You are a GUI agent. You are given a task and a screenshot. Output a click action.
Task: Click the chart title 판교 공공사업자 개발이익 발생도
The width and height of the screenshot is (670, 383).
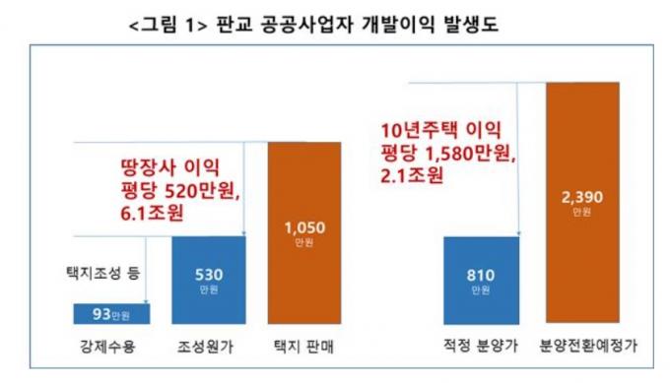[x=358, y=25]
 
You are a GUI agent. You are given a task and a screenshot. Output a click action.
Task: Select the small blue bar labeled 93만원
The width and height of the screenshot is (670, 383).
[x=111, y=314]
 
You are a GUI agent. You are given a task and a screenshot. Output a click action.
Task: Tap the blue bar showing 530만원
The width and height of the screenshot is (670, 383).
[x=209, y=280]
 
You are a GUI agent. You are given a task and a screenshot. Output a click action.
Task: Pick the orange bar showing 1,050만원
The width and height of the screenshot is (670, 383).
[x=304, y=233]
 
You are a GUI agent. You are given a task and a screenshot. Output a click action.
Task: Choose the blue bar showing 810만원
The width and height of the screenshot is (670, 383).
[x=481, y=281]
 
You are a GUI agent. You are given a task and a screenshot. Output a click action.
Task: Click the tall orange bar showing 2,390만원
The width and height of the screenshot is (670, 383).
[x=582, y=203]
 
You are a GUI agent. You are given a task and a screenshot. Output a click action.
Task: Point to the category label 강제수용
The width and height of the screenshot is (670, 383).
[x=107, y=347]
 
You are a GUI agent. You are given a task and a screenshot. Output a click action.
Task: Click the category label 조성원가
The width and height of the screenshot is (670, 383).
[x=206, y=347]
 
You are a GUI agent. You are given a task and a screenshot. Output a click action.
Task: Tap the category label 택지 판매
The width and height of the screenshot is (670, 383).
[x=303, y=347]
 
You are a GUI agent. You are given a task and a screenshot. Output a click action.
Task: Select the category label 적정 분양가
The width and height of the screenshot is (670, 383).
[x=481, y=346]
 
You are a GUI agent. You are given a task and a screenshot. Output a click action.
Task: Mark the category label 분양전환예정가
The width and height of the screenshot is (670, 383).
[x=588, y=346]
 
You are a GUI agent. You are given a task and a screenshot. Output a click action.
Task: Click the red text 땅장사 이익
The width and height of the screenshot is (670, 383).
[x=170, y=167]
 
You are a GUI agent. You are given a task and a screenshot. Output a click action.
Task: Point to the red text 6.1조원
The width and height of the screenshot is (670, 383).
[x=152, y=213]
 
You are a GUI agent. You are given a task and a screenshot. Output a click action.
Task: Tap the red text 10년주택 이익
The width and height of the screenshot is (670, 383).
[x=440, y=130]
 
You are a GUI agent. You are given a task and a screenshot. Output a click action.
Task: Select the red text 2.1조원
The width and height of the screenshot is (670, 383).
[x=412, y=175]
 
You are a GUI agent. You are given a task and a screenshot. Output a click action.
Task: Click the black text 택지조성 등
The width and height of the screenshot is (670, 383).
[x=103, y=273]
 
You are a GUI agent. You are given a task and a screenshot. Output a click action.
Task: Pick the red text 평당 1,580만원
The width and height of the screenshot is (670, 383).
[x=447, y=153]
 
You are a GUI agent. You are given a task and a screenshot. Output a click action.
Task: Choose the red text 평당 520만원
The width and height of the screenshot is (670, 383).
[x=180, y=191]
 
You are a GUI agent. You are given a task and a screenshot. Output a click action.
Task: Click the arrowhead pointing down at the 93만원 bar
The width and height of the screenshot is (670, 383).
[x=146, y=300]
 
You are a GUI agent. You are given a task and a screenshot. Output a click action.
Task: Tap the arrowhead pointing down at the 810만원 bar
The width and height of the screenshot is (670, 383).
[x=518, y=232]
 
